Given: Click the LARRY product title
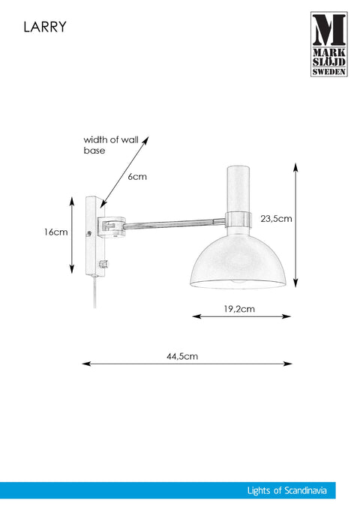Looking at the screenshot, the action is click(x=45, y=27).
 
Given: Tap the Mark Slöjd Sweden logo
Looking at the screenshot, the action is click(x=328, y=44).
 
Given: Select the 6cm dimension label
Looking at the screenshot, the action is click(x=137, y=177).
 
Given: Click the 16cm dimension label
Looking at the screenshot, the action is click(x=56, y=232).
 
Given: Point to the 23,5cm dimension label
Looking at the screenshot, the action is click(x=276, y=219).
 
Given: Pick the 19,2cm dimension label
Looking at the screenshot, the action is click(x=239, y=309).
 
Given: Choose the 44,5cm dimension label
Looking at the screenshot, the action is click(x=182, y=356).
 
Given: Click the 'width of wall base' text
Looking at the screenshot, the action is click(x=111, y=145).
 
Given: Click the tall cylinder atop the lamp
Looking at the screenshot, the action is click(x=238, y=189).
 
